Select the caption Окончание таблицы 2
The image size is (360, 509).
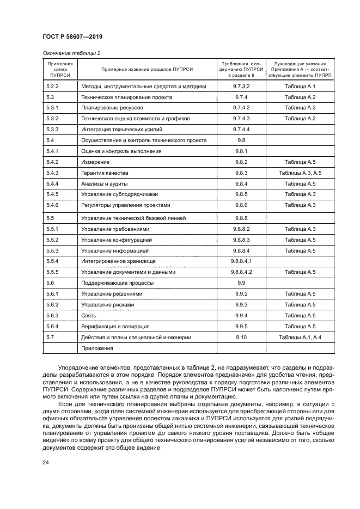[71, 53]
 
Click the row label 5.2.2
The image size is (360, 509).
[53, 87]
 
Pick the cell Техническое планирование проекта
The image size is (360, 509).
[126, 97]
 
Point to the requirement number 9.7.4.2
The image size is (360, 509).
[241, 108]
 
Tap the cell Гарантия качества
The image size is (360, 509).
[104, 173]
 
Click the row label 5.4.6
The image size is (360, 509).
[53, 205]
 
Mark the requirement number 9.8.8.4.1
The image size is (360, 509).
[241, 261]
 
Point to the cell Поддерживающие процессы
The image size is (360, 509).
[117, 283]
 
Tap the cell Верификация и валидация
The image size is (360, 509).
[115, 327]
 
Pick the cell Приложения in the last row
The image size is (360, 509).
[97, 348]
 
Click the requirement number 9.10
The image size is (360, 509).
[241, 338]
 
